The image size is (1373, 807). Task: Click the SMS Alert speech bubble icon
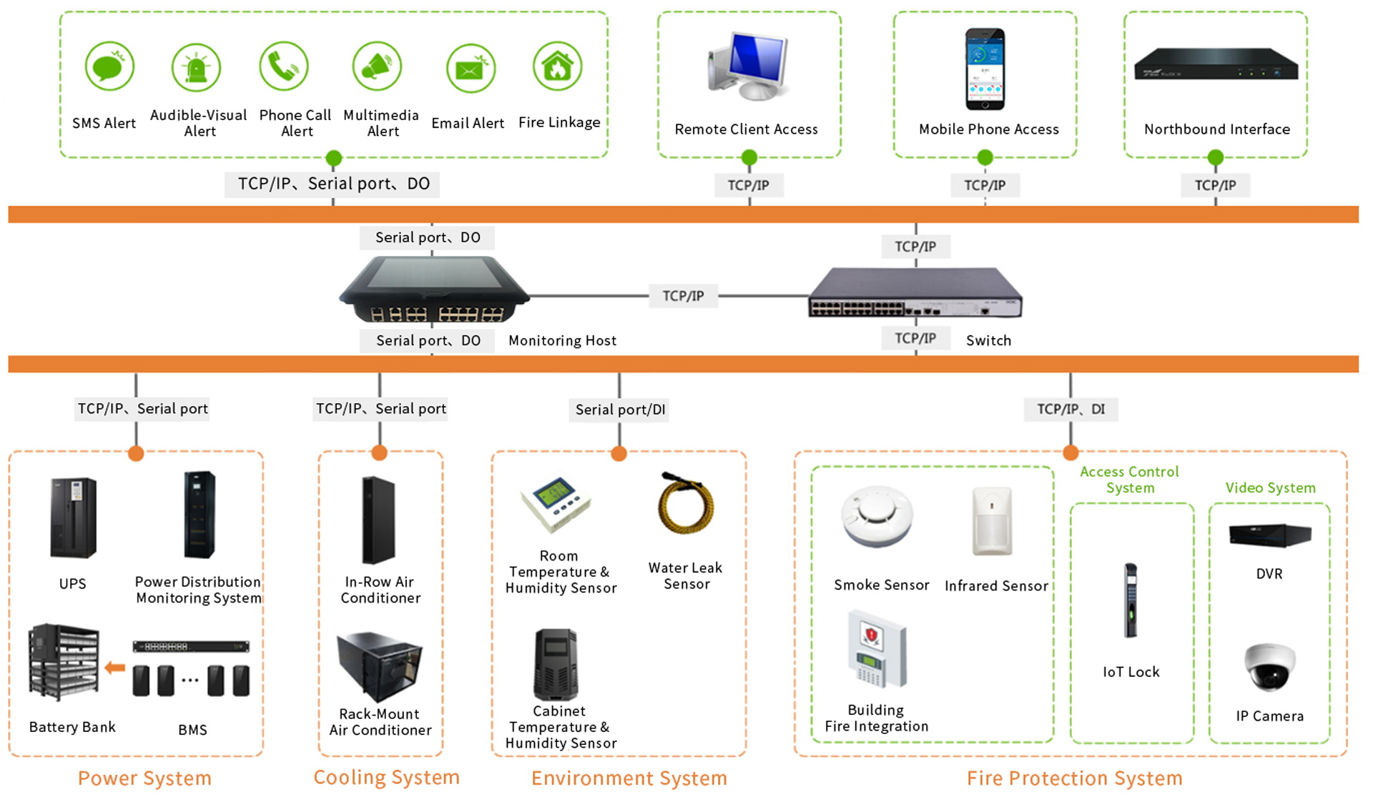tap(109, 67)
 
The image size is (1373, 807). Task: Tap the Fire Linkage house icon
tap(557, 67)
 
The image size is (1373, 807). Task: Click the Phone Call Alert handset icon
tap(283, 67)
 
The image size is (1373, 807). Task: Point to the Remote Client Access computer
tap(749, 66)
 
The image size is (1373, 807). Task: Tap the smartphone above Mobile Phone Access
tap(985, 69)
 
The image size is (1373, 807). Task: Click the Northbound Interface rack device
tap(1216, 64)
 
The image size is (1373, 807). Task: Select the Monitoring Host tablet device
tap(433, 289)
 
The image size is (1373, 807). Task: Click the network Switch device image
tap(915, 292)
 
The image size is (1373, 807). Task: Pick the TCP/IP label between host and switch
tap(683, 296)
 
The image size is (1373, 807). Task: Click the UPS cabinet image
tap(73, 518)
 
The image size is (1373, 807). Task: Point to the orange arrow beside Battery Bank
tap(114, 668)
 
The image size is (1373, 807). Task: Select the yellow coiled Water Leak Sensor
tap(685, 507)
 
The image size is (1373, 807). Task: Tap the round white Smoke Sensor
tap(877, 516)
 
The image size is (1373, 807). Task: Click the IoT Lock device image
tap(1130, 600)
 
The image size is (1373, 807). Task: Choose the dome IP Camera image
tap(1269, 666)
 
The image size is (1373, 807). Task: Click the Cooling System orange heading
tap(386, 778)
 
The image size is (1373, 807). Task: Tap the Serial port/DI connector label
tap(620, 410)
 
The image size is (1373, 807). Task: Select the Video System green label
tap(1270, 487)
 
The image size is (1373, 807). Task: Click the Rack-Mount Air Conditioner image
tap(380, 665)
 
